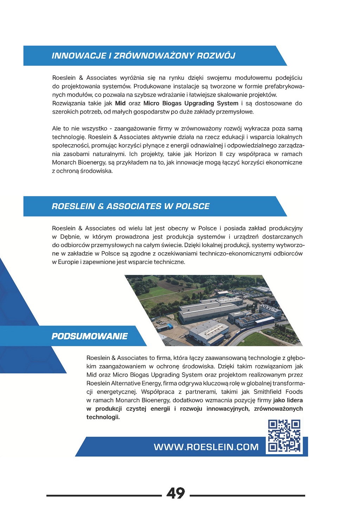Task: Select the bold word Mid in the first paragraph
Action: click(120, 103)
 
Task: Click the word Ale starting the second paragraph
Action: click(56, 129)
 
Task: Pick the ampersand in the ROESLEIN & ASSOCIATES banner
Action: click(101, 206)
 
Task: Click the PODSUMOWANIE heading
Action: click(90, 336)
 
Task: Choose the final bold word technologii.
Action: click(103, 417)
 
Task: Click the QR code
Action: click(284, 436)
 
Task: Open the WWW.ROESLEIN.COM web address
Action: click(206, 447)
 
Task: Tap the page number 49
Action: click(176, 493)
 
